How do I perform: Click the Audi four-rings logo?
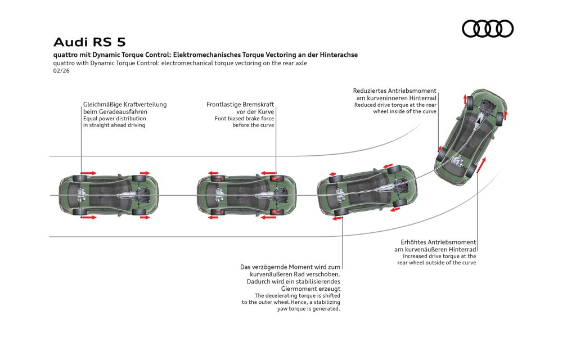click(488, 29)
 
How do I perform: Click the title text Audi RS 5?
click(89, 42)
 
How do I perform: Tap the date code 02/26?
click(62, 71)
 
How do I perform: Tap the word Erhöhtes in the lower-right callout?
click(413, 242)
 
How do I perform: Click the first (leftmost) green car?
click(109, 195)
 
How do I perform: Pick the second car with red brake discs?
click(246, 196)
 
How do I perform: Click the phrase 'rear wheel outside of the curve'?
click(436, 263)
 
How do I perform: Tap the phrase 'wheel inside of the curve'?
click(404, 111)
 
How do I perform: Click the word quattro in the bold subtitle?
click(67, 55)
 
